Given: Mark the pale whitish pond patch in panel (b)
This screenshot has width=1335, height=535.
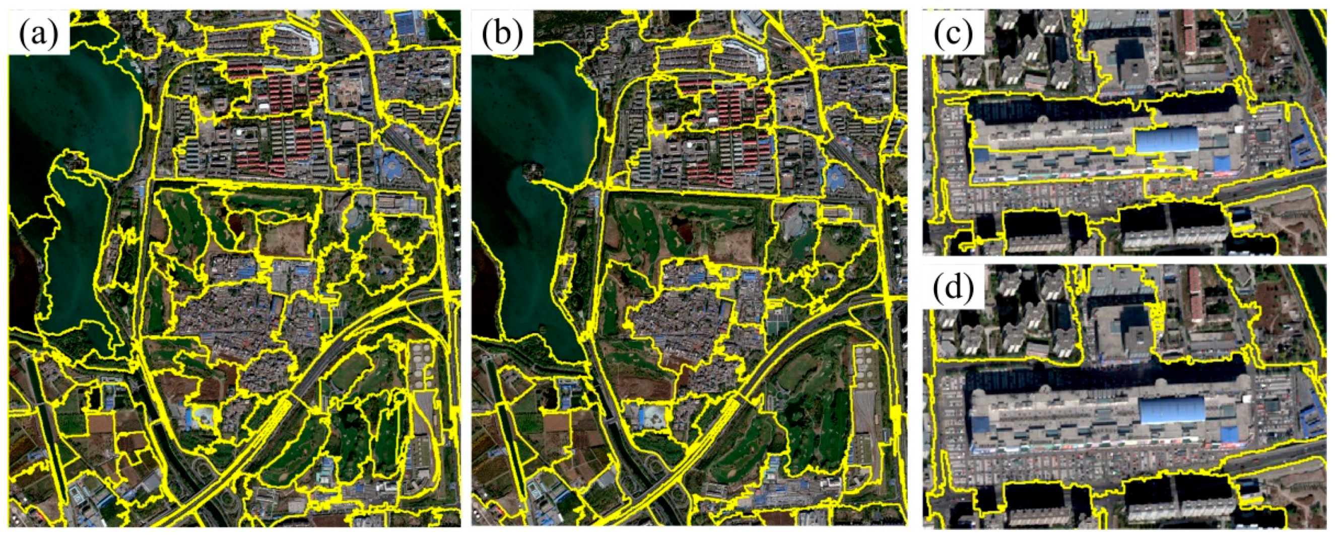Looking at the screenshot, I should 654,415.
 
